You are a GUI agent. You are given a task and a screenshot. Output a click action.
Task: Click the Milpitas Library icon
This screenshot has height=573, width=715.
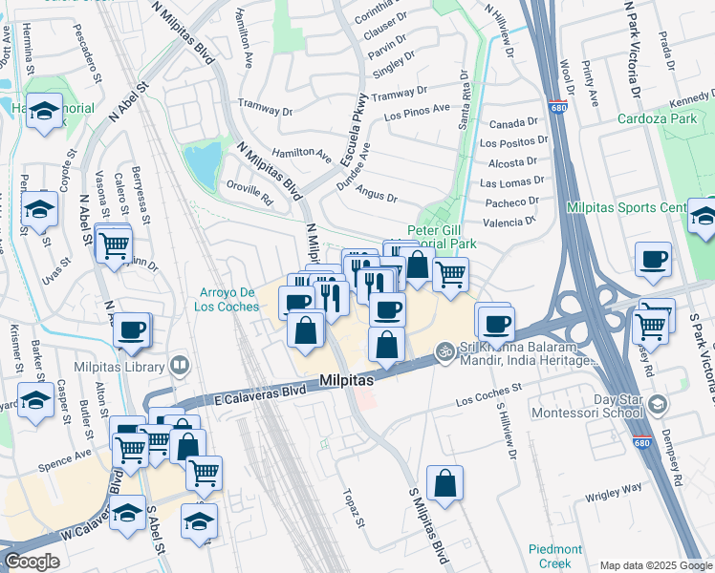coord(179,365)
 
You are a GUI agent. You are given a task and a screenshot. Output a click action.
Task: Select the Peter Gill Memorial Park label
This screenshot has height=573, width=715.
coord(441,237)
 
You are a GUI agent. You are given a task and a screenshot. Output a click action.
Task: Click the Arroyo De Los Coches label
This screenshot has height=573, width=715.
coord(228,299)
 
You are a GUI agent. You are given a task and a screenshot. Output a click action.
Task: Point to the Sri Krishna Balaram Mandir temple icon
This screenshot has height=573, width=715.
coord(443,351)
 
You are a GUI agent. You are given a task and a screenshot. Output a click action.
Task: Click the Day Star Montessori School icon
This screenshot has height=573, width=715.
coord(656,405)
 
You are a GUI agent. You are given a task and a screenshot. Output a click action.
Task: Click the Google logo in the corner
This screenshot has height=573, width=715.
coord(32,562)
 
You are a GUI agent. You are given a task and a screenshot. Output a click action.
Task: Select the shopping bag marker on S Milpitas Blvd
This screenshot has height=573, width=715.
coord(445,483)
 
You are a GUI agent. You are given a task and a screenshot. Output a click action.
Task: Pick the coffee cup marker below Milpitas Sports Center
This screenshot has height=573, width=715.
coord(653,259)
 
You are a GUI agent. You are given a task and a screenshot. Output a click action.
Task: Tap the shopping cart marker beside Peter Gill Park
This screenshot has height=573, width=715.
coord(449,274)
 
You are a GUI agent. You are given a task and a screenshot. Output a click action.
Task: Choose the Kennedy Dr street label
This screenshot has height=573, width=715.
coord(692,95)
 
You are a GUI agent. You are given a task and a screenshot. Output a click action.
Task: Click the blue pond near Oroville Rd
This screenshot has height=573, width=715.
coord(203,164)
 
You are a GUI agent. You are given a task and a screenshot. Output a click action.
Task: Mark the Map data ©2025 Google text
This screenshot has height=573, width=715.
coord(656,565)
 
